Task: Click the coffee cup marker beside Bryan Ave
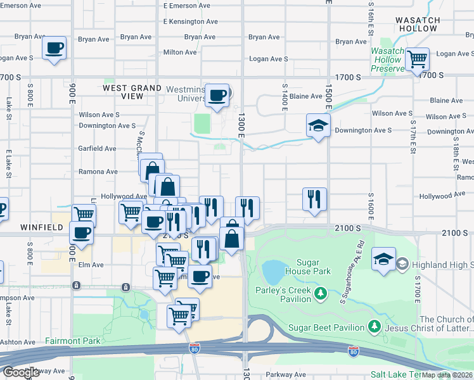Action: (x=54, y=48)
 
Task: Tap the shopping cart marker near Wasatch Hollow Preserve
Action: (x=417, y=60)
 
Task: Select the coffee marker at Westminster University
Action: (x=217, y=96)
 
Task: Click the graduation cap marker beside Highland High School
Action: (x=384, y=260)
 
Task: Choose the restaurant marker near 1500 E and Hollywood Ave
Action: (x=314, y=199)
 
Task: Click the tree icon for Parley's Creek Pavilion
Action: (x=321, y=293)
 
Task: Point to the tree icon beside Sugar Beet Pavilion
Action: (x=375, y=327)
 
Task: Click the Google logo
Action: (x=21, y=372)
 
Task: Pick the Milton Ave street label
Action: (x=179, y=53)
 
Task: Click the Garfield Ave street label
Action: (x=97, y=149)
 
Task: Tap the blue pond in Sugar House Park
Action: (x=274, y=272)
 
